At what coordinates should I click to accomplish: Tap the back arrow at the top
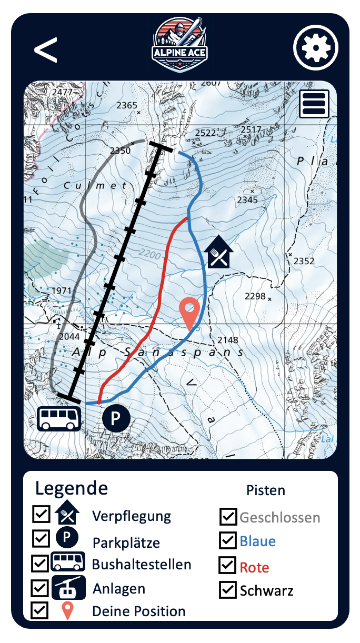pyautogui.click(x=46, y=50)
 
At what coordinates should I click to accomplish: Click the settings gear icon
pyautogui.click(x=314, y=48)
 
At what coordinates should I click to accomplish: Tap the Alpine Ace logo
pyautogui.click(x=180, y=45)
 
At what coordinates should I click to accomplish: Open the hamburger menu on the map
pyautogui.click(x=314, y=104)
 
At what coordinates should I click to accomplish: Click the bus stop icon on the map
pyautogui.click(x=59, y=418)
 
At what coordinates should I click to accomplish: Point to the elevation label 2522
pyautogui.click(x=205, y=133)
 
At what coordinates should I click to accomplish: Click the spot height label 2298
pyautogui.click(x=255, y=296)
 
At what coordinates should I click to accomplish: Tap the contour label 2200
pyautogui.click(x=150, y=255)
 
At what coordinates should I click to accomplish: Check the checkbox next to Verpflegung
pyautogui.click(x=41, y=515)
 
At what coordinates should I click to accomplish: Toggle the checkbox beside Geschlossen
pyautogui.click(x=228, y=517)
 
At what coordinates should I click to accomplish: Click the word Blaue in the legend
pyautogui.click(x=258, y=541)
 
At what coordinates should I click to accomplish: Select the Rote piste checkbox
pyautogui.click(x=228, y=565)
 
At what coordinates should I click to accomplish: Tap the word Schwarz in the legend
pyautogui.click(x=266, y=590)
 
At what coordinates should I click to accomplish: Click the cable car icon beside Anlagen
pyautogui.click(x=68, y=587)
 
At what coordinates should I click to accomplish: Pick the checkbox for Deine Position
pyautogui.click(x=40, y=610)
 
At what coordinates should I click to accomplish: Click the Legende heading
pyautogui.click(x=72, y=488)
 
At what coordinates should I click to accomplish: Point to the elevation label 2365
pyautogui.click(x=127, y=106)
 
